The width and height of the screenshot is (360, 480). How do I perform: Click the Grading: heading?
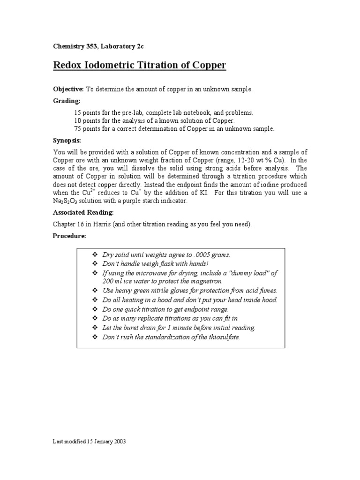click(66, 101)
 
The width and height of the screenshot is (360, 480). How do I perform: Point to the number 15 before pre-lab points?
click(78, 112)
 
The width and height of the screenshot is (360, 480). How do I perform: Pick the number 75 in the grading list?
click(78, 128)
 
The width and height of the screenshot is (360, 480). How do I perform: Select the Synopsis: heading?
click(67, 140)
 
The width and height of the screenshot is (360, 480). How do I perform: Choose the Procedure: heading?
click(69, 236)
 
